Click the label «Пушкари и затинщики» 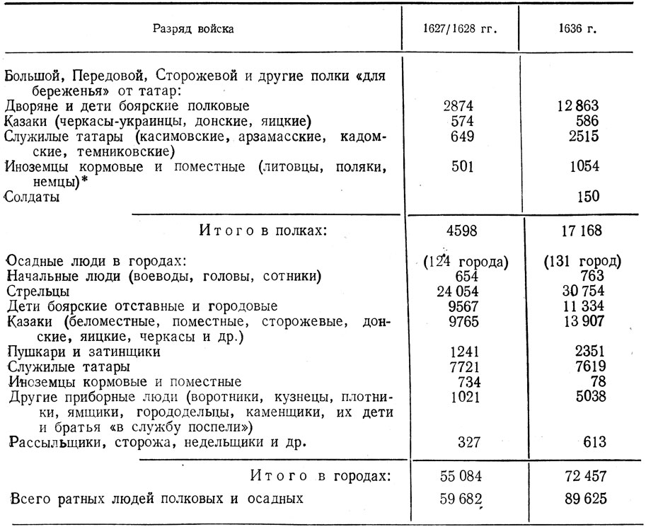83,351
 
